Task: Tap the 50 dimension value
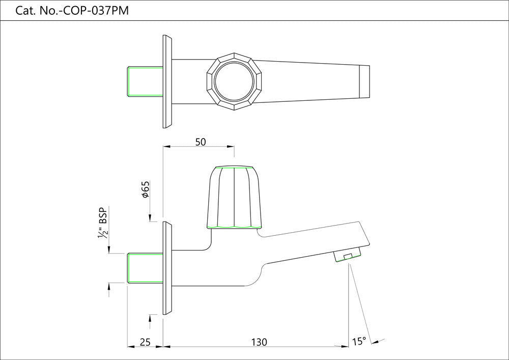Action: pos(200,142)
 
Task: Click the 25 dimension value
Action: pos(145,342)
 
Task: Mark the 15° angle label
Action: pos(359,341)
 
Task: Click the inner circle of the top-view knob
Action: pos(233,81)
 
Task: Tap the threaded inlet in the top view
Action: pos(145,81)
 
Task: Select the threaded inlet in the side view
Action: pos(145,267)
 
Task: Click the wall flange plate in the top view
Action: pos(167,81)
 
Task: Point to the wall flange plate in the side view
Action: pos(167,268)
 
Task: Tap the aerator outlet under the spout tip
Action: pos(348,256)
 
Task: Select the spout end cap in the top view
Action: pos(364,81)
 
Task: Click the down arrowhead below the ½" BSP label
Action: pos(109,249)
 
